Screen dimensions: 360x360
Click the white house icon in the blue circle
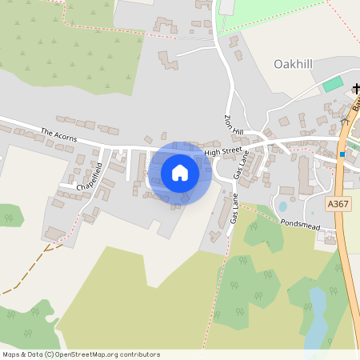(180, 173)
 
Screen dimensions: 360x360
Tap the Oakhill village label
(297, 63)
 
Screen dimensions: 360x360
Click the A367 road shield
(338, 205)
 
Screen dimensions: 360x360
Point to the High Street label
(222, 151)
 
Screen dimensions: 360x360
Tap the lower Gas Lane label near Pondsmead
(233, 207)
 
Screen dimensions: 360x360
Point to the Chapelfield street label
(90, 177)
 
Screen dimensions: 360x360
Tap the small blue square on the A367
(342, 154)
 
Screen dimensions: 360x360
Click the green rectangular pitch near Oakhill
(332, 83)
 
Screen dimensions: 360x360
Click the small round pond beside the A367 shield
(282, 206)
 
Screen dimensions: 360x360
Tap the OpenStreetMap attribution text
(81, 354)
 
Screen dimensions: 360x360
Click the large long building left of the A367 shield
(304, 174)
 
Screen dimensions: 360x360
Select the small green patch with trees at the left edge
(8, 214)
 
